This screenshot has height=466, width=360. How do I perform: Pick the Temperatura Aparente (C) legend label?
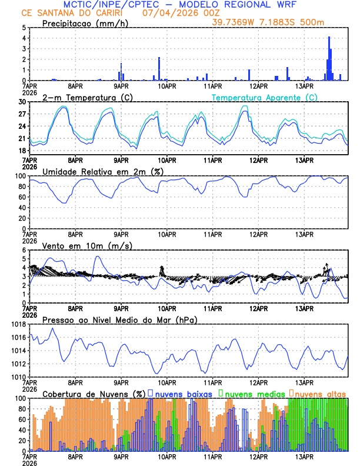[265, 97]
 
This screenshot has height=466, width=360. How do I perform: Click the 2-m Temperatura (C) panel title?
[87, 97]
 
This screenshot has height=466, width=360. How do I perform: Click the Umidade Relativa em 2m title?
[103, 171]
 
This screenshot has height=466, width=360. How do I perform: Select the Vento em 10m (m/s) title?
[87, 245]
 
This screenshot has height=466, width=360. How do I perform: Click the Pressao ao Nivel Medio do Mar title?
[119, 319]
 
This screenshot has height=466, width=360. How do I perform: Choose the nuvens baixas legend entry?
[184, 393]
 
